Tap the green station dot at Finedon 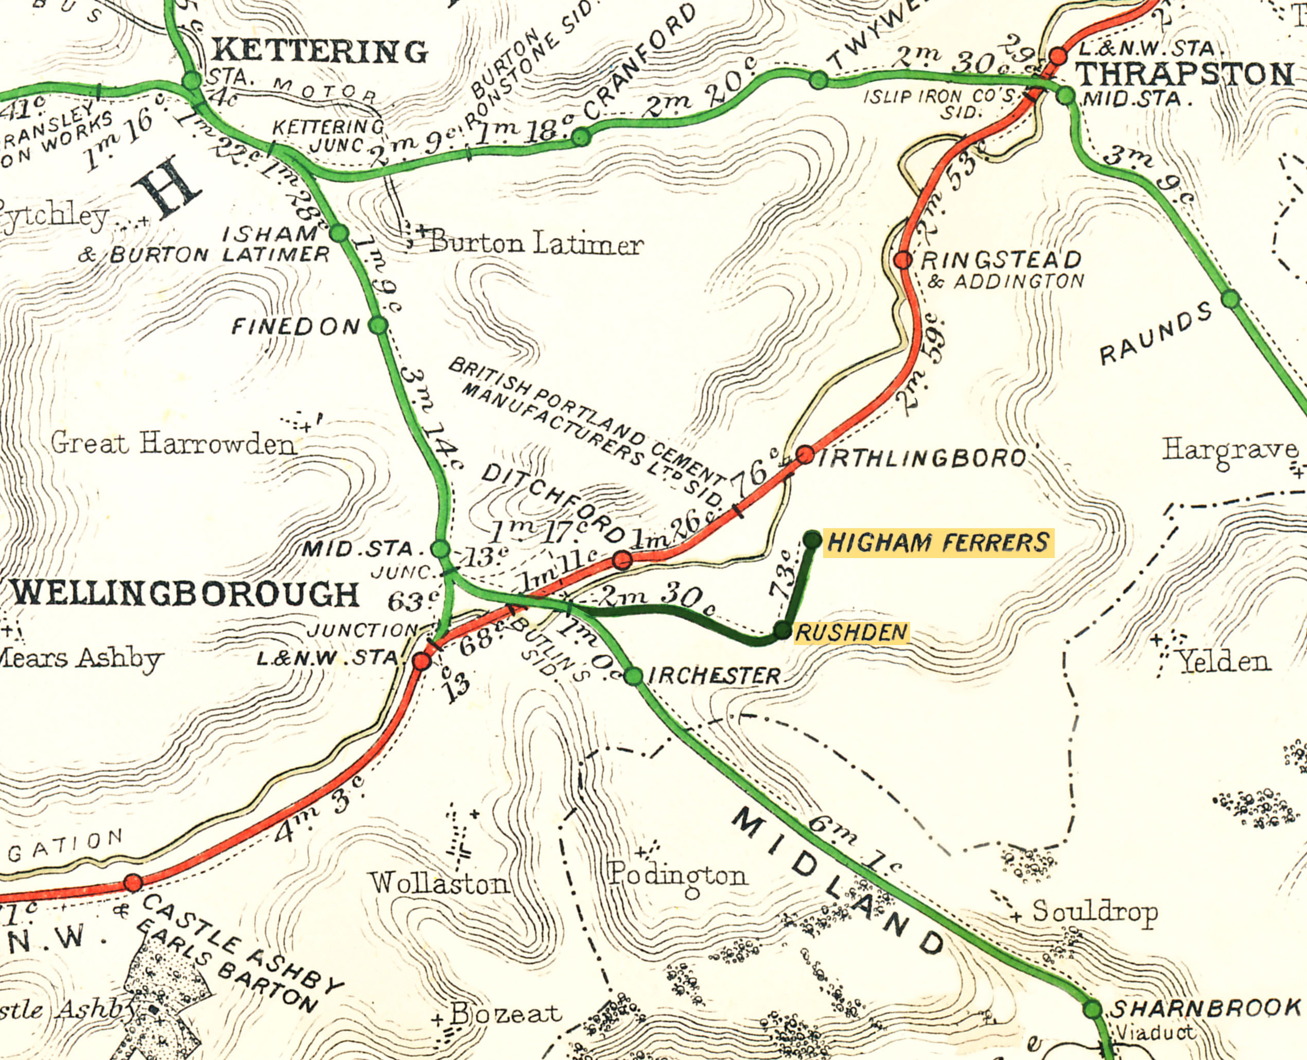coord(378,325)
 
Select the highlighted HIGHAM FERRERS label coord(938,543)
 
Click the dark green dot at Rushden coord(782,630)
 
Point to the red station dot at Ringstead coord(903,260)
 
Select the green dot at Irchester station coord(634,676)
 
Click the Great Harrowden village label coord(173,444)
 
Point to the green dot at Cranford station coord(581,137)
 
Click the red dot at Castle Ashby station coord(133,883)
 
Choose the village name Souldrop coord(1094,912)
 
